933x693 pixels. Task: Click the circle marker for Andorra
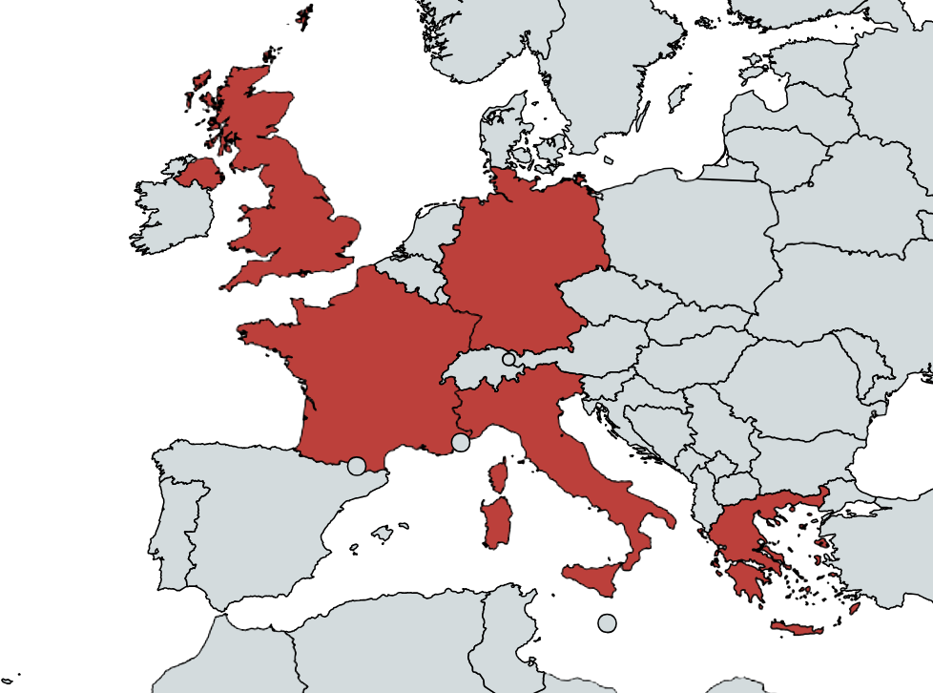tap(356, 466)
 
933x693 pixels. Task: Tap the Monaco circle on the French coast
tap(461, 442)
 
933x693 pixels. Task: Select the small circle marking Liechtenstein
tap(508, 359)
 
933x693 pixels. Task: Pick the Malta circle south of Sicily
tap(607, 623)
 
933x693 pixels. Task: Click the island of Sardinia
tap(496, 522)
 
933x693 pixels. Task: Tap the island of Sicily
tap(595, 577)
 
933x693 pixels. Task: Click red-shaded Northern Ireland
tap(198, 174)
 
